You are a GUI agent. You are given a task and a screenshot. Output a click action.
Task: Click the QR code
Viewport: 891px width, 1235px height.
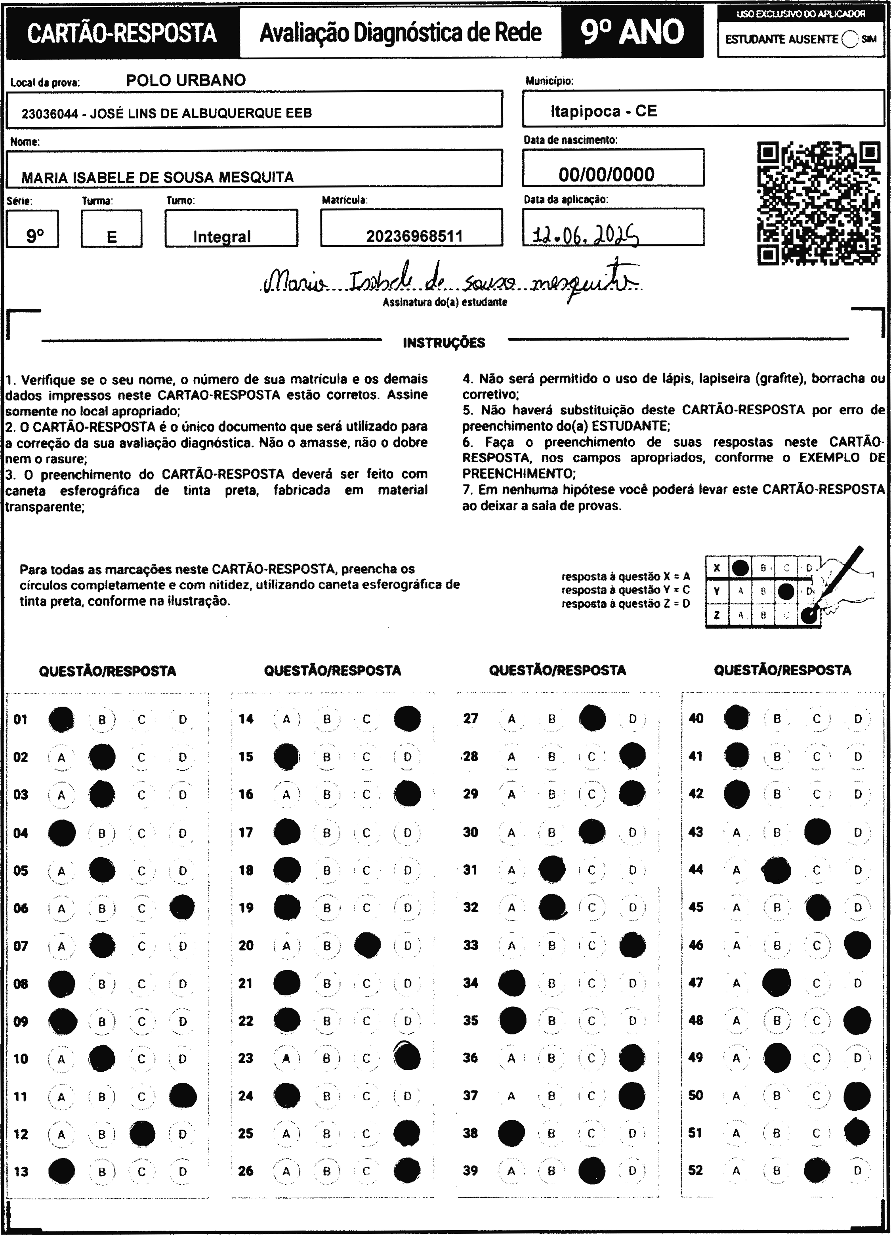pos(818,203)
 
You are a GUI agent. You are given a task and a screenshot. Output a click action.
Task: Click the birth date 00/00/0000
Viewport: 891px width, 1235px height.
pos(606,174)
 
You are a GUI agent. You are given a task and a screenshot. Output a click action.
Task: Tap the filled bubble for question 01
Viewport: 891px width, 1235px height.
pos(61,719)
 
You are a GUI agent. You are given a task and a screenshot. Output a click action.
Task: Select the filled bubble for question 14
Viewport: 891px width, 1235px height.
pos(407,719)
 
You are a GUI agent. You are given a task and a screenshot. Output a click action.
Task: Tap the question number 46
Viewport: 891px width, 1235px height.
pos(695,945)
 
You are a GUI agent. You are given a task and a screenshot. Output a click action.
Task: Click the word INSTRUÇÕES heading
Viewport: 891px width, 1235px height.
pos(443,343)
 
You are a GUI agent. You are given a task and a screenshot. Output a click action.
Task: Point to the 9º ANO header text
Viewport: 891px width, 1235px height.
pos(632,32)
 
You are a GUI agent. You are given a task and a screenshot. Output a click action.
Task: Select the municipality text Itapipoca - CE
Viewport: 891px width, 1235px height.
pos(603,111)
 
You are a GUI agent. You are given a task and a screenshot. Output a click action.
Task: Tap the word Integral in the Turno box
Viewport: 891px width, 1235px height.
pos(222,236)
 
